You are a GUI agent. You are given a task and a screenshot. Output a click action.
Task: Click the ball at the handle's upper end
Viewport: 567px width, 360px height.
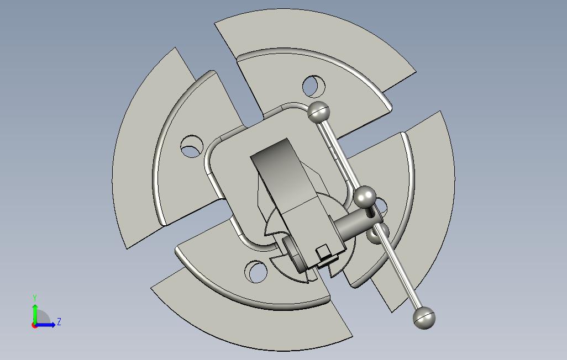click(318, 113)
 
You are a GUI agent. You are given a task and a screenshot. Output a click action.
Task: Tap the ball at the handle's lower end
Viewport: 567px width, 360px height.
click(424, 317)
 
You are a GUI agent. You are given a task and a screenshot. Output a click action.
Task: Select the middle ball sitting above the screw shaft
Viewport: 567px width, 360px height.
click(365, 197)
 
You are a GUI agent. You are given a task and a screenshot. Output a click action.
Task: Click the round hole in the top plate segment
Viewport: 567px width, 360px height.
click(313, 86)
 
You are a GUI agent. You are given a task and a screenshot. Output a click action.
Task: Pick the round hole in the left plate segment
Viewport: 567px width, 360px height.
click(192, 146)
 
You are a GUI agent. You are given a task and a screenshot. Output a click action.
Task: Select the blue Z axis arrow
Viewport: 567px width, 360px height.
click(45, 325)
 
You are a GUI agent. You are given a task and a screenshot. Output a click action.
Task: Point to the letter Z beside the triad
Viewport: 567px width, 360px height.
click(59, 321)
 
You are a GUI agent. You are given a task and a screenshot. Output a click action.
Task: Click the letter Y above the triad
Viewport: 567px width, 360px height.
click(35, 298)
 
